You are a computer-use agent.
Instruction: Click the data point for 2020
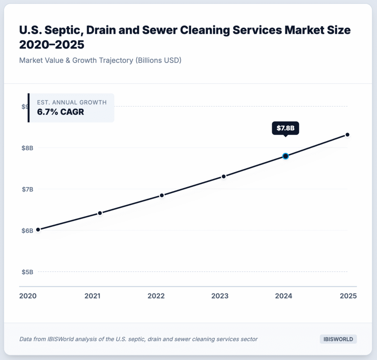38,230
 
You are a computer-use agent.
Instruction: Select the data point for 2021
100,213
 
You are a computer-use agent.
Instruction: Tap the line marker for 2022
162,195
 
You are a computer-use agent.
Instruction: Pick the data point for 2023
223,177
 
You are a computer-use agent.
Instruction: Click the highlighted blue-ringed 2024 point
285,156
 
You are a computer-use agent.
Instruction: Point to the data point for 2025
347,135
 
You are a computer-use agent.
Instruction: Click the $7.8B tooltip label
285,128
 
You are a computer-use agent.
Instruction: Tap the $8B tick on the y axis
27,148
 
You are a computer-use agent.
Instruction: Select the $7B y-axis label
27,189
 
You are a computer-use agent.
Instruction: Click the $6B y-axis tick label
27,231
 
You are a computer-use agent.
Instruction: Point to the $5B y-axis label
27,272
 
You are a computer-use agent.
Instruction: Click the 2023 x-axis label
220,296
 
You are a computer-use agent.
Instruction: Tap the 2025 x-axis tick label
348,296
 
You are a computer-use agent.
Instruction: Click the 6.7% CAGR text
60,112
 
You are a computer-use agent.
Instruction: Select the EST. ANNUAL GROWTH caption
72,102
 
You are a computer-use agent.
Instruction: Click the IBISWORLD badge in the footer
338,339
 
